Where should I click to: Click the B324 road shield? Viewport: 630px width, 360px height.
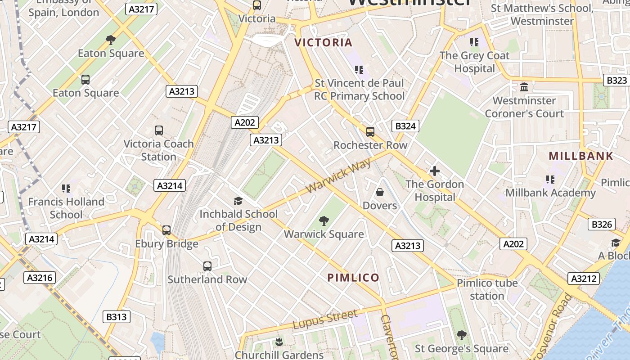tap(405, 126)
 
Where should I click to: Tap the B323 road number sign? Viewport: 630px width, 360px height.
tap(616, 80)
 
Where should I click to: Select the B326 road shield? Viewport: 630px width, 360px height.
tap(602, 224)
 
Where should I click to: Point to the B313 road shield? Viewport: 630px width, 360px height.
tap(116, 317)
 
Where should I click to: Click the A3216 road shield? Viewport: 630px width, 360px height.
tap(40, 278)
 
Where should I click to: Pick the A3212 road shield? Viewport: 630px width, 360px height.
tap(584, 279)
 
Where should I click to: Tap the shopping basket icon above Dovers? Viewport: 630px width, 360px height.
tap(380, 193)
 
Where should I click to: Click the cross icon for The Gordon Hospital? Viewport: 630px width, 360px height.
tap(434, 171)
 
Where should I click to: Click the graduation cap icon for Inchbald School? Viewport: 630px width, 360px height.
tap(238, 201)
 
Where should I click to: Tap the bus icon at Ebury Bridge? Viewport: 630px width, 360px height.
tap(166, 230)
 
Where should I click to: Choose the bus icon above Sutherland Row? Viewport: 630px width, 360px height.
tap(207, 266)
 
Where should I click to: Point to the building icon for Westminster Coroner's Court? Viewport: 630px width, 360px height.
tap(524, 87)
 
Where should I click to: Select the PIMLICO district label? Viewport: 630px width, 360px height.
tap(353, 278)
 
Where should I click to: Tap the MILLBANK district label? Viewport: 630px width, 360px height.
tap(580, 156)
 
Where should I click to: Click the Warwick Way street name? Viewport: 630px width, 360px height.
tap(339, 175)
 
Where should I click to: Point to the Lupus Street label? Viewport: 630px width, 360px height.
tap(325, 319)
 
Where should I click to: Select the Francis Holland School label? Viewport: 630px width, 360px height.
tap(66, 208)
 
